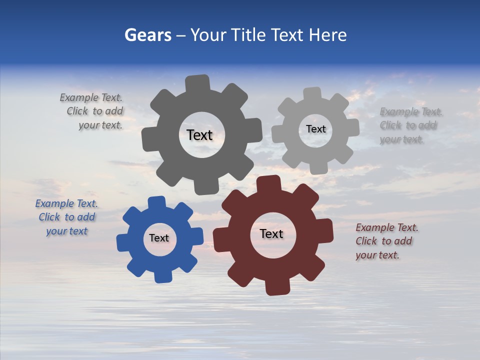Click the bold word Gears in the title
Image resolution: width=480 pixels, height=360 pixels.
[148, 35]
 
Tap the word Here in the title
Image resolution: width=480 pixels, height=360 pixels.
[327, 35]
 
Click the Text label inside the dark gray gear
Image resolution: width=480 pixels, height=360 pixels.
[199, 135]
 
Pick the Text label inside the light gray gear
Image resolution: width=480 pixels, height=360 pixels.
[315, 129]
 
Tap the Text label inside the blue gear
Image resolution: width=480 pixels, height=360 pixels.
[158, 238]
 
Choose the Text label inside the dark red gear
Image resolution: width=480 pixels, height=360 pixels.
[271, 233]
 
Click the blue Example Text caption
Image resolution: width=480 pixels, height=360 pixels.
[66, 217]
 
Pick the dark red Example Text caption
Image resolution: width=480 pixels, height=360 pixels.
[386, 241]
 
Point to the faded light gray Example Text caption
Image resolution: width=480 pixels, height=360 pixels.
[410, 125]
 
